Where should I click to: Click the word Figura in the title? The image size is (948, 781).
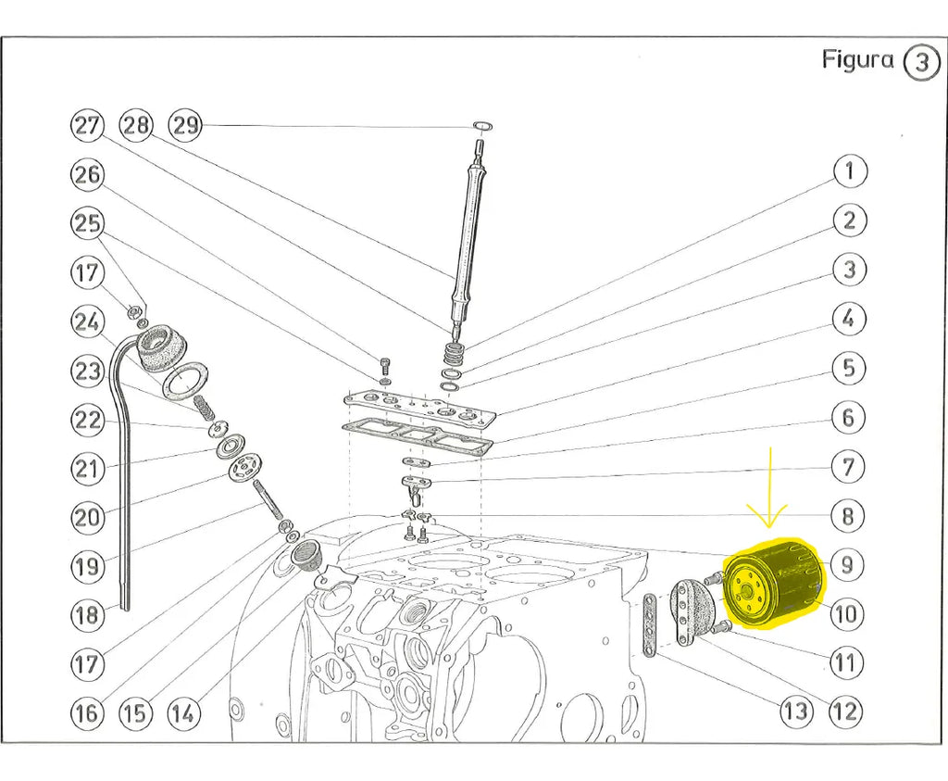[858, 60]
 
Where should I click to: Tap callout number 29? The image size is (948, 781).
[186, 125]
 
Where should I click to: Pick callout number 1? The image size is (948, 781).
[849, 171]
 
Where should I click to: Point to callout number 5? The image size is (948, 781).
[848, 368]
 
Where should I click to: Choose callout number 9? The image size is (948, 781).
[846, 563]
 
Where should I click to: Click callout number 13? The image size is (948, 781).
[795, 712]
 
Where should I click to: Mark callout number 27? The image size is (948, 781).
[87, 125]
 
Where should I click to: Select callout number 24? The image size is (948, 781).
[87, 321]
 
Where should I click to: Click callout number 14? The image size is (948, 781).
[184, 713]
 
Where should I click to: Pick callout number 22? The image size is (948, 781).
[87, 420]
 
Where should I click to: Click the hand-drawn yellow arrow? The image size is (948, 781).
[770, 496]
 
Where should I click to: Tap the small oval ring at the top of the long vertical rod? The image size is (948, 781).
[481, 126]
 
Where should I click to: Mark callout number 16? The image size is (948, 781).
[87, 713]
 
